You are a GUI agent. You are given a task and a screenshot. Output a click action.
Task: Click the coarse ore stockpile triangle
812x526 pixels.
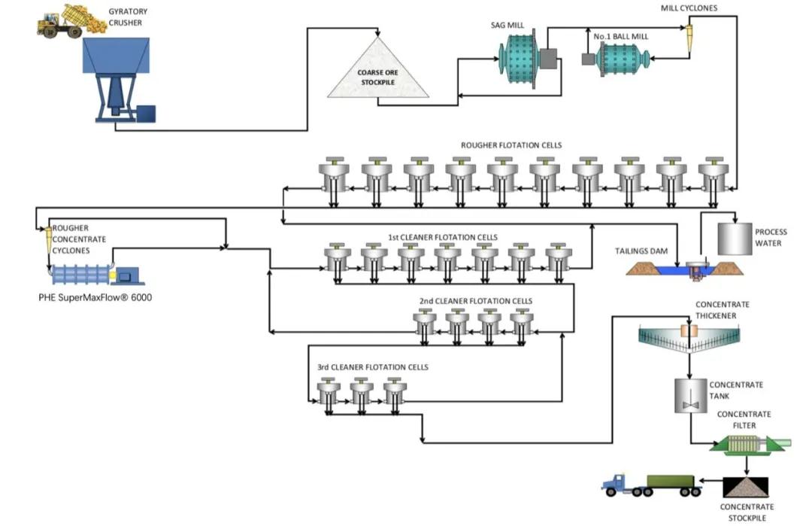[378, 75]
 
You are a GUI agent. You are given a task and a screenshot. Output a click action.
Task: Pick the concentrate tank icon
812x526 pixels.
[689, 396]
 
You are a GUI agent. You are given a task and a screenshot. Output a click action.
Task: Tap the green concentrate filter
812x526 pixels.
[744, 445]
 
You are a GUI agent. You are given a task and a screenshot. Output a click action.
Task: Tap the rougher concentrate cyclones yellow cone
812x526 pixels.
[47, 239]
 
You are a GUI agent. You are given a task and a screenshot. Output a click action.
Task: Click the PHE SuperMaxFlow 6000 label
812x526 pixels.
[95, 297]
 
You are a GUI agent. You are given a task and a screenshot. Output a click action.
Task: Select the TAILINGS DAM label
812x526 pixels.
[641, 252]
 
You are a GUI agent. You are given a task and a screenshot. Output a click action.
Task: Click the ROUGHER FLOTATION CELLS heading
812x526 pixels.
[511, 144]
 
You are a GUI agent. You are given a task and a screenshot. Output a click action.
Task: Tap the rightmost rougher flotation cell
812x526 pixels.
[712, 176]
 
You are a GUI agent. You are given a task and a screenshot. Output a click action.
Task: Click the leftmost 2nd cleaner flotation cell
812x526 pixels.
[425, 324]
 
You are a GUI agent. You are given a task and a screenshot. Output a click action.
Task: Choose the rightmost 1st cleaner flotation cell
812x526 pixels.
[557, 259]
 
